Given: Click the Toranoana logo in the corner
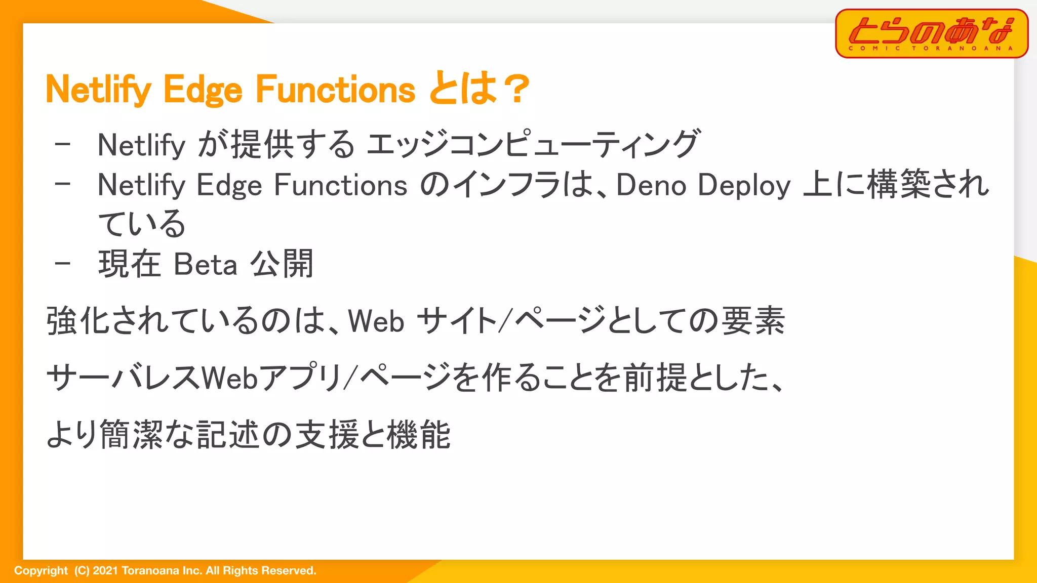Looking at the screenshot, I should pyautogui.click(x=931, y=33).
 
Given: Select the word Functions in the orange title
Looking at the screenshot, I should pyautogui.click(x=335, y=90).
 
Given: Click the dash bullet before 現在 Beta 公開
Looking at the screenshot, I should pyautogui.click(x=63, y=263).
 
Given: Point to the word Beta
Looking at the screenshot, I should pyautogui.click(x=205, y=264).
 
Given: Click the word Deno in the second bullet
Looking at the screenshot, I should pyautogui.click(x=651, y=185).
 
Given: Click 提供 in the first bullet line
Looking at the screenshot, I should pyautogui.click(x=262, y=144).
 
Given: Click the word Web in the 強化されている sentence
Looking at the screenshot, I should pyautogui.click(x=376, y=321).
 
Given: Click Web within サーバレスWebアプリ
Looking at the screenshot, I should pyautogui.click(x=230, y=378).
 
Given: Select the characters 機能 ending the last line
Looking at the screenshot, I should pyautogui.click(x=418, y=434).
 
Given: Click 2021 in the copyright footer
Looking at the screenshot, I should pyautogui.click(x=105, y=570).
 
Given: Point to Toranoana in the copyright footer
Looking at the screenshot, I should pyautogui.click(x=150, y=570).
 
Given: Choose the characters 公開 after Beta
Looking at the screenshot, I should pyautogui.click(x=282, y=264).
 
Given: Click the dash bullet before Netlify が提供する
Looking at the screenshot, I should pyautogui.click(x=63, y=144).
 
